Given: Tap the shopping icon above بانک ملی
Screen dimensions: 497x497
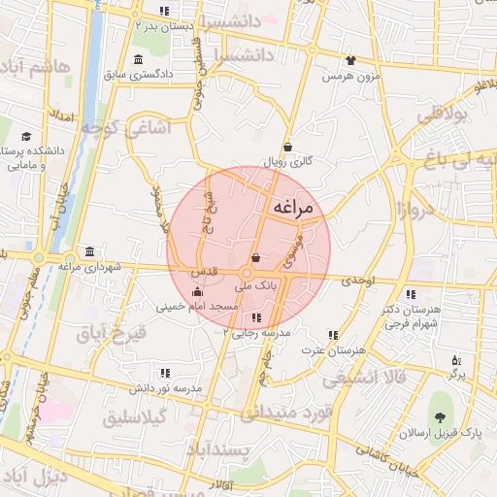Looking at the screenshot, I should click(255, 259).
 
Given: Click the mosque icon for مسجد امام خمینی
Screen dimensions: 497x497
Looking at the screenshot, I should click(198, 291).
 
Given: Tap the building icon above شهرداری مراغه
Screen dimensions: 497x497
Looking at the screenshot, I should click(89, 250).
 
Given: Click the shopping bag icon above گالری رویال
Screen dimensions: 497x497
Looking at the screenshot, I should click(288, 147).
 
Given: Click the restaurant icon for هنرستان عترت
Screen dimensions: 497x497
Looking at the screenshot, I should click(333, 335).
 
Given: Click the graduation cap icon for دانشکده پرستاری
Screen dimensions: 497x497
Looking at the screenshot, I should click(27, 136).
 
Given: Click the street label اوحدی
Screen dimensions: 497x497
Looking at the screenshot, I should click(357, 280).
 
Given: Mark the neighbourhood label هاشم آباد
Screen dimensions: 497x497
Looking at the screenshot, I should click(38, 68).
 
